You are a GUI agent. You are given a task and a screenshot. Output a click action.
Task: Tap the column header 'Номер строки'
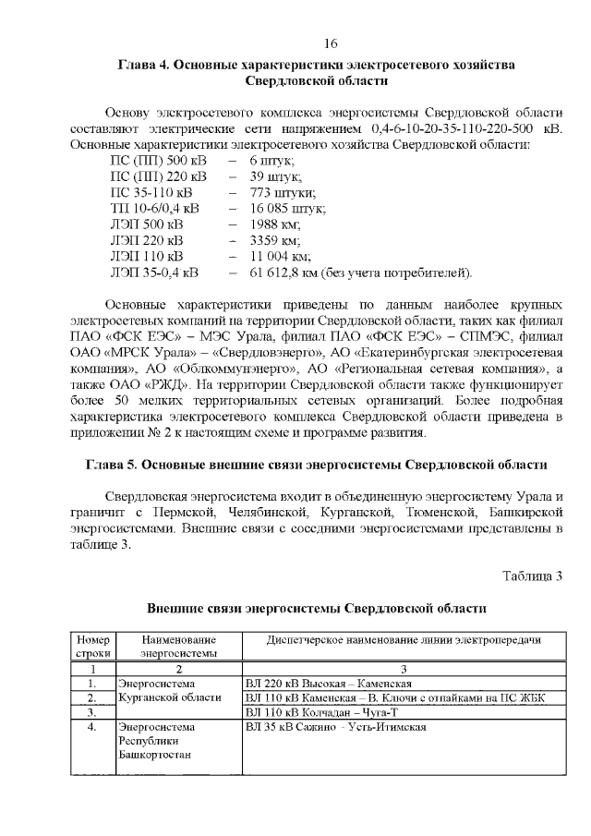tap(92, 646)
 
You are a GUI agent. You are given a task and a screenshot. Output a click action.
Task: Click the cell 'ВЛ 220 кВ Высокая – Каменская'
tap(329, 683)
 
